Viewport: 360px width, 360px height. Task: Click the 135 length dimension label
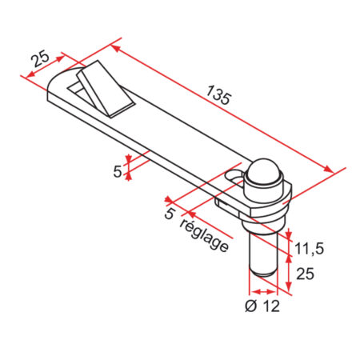coord(218,95)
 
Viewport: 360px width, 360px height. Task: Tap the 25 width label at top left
coord(41,58)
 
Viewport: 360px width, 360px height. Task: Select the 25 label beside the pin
coord(305,274)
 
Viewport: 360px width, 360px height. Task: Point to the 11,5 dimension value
coord(307,248)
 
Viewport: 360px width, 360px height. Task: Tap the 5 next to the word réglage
coord(169,214)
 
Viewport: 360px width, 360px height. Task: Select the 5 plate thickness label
coord(118,170)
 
